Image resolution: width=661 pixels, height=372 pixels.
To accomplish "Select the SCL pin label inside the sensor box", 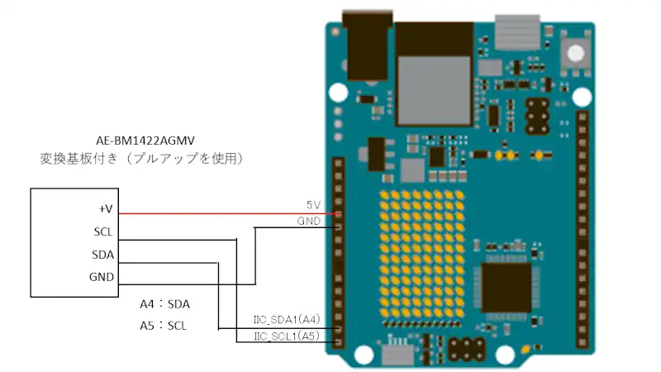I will point(103,231).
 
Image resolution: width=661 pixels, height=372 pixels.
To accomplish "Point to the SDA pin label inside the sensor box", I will point(103,255).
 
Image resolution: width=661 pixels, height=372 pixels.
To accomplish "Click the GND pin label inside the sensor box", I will point(102,277).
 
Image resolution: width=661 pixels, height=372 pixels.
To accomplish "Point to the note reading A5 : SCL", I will point(164,326).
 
